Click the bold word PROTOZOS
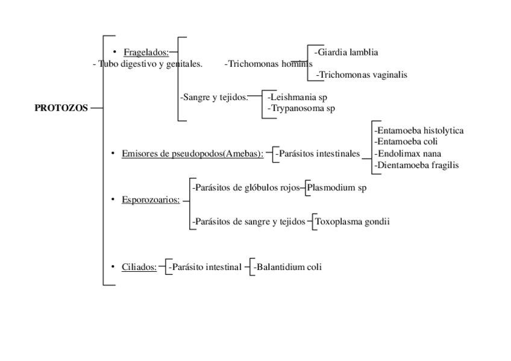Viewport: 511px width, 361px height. (x=61, y=108)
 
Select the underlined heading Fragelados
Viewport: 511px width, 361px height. (x=146, y=52)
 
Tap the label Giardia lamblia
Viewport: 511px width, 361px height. (x=346, y=52)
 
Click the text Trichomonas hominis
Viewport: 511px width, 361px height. (x=268, y=63)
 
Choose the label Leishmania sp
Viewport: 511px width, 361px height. (x=297, y=97)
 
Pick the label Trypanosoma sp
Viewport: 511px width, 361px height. (x=301, y=108)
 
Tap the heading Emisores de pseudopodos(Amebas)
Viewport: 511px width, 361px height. (x=192, y=154)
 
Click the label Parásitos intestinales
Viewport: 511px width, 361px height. (x=318, y=154)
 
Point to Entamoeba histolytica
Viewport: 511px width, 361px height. (x=419, y=130)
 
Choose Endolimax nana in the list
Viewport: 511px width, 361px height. (x=407, y=154)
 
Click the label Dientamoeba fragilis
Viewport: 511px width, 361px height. (x=416, y=165)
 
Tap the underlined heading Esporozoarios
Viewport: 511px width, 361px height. (x=151, y=199)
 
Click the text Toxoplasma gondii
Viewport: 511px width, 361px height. (x=353, y=222)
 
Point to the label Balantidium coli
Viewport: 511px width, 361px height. (x=287, y=267)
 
